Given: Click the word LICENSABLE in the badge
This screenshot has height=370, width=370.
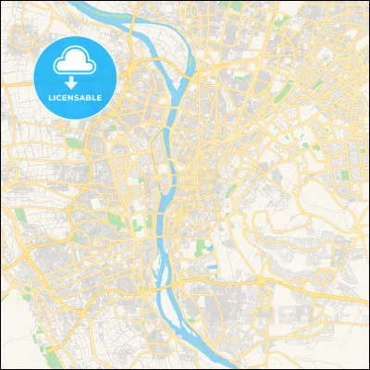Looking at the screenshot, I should coord(72,95).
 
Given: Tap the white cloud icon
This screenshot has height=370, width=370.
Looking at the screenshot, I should coord(72,62).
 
